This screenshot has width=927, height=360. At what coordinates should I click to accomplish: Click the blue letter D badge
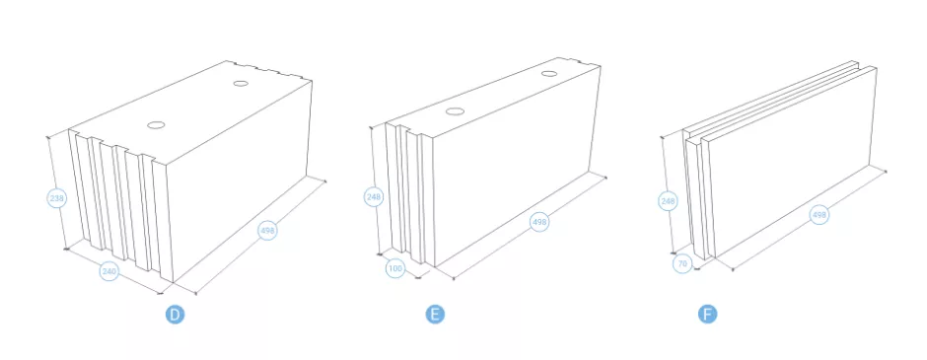pyautogui.click(x=175, y=315)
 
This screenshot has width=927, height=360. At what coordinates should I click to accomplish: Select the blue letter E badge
pyautogui.click(x=435, y=315)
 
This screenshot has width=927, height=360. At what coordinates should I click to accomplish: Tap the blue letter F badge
pyautogui.click(x=707, y=315)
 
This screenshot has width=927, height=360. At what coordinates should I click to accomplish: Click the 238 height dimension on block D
pyautogui.click(x=57, y=198)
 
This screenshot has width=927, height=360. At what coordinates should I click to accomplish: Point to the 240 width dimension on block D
pyautogui.click(x=108, y=272)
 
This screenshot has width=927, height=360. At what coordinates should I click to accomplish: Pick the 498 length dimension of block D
pyautogui.click(x=268, y=231)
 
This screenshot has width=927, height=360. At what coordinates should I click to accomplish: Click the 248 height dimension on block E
pyautogui.click(x=374, y=197)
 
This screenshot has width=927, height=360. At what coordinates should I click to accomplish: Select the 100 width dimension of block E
pyautogui.click(x=395, y=269)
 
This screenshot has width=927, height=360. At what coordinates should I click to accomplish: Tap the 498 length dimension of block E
pyautogui.click(x=539, y=222)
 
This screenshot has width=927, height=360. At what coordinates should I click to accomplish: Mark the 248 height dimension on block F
pyautogui.click(x=668, y=201)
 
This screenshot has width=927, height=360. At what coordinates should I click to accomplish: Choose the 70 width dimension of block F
pyautogui.click(x=682, y=263)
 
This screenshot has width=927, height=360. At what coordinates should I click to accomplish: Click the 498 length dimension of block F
pyautogui.click(x=819, y=215)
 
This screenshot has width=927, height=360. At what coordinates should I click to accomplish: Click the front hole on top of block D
pyautogui.click(x=156, y=125)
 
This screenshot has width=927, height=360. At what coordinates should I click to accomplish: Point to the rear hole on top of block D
pyautogui.click(x=241, y=84)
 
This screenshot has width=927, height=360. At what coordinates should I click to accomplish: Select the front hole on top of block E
pyautogui.click(x=454, y=111)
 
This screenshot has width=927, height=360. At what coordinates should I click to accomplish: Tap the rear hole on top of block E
pyautogui.click(x=549, y=74)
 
